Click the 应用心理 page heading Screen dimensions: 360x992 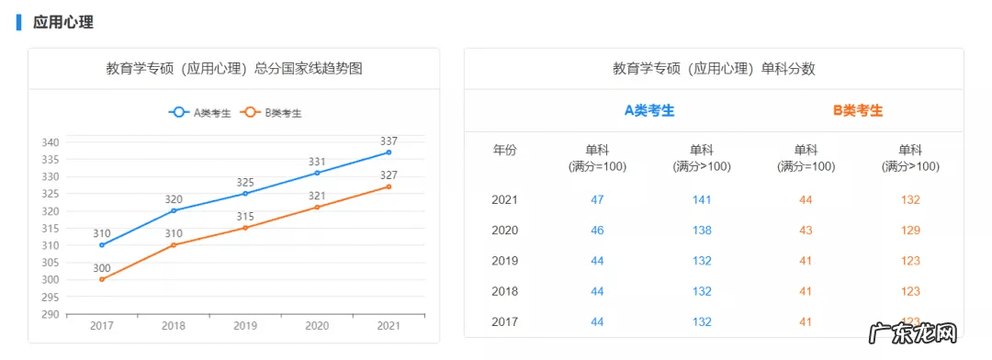pos(62,22)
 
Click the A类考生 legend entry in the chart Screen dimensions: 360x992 pos(199,113)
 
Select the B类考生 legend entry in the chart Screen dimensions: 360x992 pos(271,113)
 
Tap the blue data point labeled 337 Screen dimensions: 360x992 pos(389,152)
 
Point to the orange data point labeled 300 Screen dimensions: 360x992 pos(102,279)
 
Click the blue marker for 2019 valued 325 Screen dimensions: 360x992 pos(245,193)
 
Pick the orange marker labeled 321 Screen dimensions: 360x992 pos(317,207)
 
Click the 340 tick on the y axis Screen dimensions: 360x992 pos(51,142)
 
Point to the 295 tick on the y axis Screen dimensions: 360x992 pos(51,297)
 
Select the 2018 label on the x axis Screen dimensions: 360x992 pos(174,326)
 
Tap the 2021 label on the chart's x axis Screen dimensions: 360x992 pos(389,326)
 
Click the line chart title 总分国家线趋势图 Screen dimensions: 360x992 pos(233,69)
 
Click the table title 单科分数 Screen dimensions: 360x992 pos(714,69)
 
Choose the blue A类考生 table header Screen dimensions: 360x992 pos(649,110)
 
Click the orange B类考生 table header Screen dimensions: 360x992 pos(858,110)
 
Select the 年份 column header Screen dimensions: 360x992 pos(505,150)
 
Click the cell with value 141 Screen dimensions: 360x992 pos(702,199)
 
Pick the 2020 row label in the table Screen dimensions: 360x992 pos(505,230)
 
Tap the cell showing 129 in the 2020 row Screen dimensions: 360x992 pos(910,230)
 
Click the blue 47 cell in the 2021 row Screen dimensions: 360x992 pos(597,199)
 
